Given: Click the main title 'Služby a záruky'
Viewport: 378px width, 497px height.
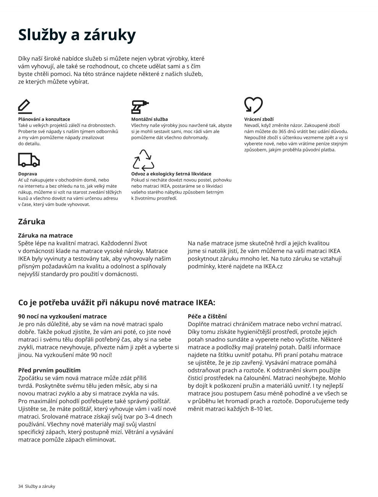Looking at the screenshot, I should pyautogui.click(x=77, y=35).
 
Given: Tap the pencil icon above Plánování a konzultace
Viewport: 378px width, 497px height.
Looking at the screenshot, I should pyautogui.click(x=25, y=106).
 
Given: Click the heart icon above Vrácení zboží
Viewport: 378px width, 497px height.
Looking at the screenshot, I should pyautogui.click(x=253, y=105).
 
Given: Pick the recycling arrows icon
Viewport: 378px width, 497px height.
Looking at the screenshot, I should pyautogui.click(x=143, y=160).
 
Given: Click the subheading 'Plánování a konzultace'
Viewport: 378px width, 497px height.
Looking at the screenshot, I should pyautogui.click(x=44, y=119).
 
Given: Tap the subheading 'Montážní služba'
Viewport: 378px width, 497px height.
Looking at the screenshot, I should pyautogui.click(x=149, y=119).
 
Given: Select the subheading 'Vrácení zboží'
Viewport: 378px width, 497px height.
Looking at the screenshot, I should pyautogui.click(x=258, y=119).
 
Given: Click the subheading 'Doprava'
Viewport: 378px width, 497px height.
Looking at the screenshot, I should pyautogui.click(x=27, y=174).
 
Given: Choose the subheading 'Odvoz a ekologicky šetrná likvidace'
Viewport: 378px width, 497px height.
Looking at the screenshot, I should pyautogui.click(x=171, y=174).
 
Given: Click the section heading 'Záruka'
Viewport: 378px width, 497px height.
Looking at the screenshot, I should pyautogui.click(x=32, y=221).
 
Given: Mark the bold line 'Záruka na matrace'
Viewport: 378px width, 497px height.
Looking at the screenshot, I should pyautogui.click(x=45, y=236).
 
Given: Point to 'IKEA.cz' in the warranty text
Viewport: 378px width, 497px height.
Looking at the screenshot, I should pyautogui.click(x=273, y=266).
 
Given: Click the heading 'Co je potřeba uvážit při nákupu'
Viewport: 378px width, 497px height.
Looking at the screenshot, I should pyautogui.click(x=116, y=303).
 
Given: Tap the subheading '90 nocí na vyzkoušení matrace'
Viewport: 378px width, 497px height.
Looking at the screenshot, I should pyautogui.click(x=63, y=316).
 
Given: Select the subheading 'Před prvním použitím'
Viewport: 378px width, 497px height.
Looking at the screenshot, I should pyautogui.click(x=49, y=370).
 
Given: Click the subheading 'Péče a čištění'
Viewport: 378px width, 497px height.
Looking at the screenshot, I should pyautogui.click(x=207, y=316).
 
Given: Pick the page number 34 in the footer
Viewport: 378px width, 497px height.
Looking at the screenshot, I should pyautogui.click(x=21, y=486).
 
